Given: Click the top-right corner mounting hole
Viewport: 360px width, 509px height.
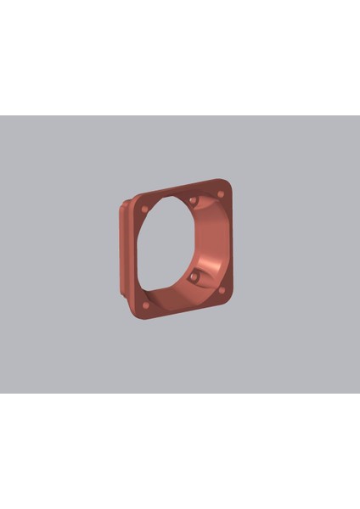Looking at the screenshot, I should [x=221, y=194].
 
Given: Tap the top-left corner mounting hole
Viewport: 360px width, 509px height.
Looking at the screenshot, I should [x=144, y=209].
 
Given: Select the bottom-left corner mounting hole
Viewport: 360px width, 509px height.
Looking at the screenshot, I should [x=145, y=304].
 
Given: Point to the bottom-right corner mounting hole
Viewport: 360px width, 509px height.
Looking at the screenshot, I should [x=222, y=290].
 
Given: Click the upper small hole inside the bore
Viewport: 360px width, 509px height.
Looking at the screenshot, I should [x=194, y=201].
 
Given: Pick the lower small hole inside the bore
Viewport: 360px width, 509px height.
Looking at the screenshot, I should [x=194, y=277].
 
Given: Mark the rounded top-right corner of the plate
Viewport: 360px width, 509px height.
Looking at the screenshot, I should [x=228, y=184].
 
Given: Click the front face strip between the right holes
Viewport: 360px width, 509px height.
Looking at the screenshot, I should [x=226, y=242].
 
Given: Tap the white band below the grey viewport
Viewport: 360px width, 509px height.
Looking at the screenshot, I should [x=180, y=450].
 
